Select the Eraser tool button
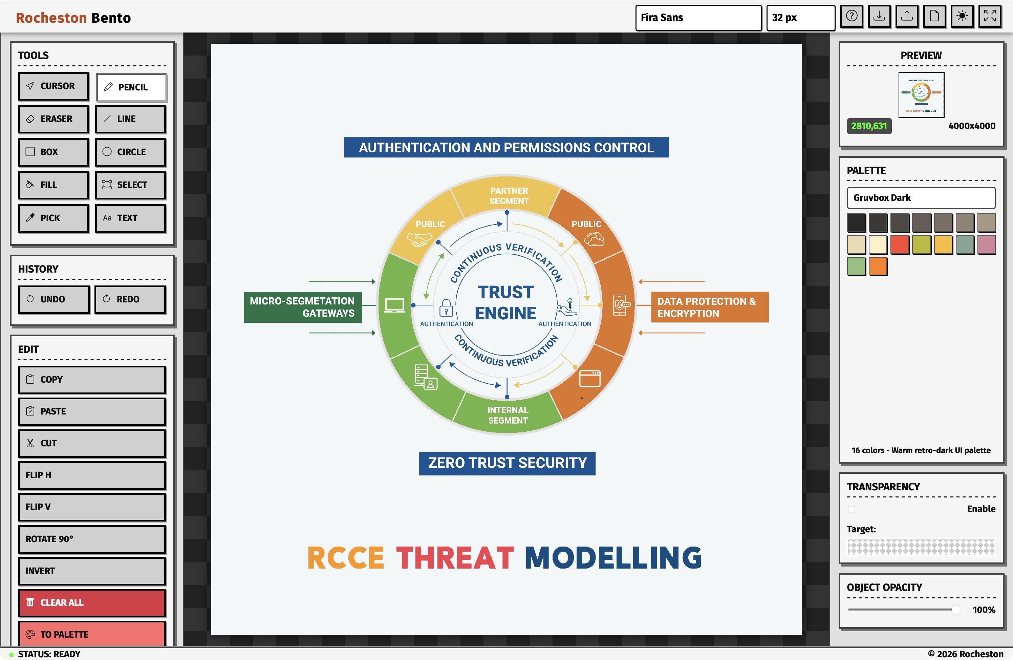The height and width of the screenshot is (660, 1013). (x=53, y=119)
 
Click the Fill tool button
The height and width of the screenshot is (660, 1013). (x=53, y=185)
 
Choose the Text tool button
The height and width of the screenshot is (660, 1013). (x=130, y=218)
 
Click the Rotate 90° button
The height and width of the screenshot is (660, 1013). (x=92, y=539)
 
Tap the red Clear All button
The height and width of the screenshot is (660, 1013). (x=92, y=602)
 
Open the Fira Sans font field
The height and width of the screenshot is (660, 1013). (x=698, y=18)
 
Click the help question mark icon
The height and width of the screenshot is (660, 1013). (x=852, y=16)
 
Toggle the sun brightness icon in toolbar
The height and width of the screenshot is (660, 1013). (x=962, y=16)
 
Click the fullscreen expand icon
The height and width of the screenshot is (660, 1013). (x=990, y=16)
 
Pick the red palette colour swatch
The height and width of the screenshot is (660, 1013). (x=900, y=245)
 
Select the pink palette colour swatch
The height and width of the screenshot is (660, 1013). (x=987, y=245)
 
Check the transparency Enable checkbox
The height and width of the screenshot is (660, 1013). (x=851, y=509)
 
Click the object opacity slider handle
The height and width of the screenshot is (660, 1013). (x=956, y=610)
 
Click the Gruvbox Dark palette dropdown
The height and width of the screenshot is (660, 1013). (x=921, y=197)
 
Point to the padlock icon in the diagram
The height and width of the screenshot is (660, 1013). (x=446, y=307)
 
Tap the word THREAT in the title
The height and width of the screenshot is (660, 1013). (x=455, y=558)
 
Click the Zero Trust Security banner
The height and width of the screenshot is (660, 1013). (x=507, y=463)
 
